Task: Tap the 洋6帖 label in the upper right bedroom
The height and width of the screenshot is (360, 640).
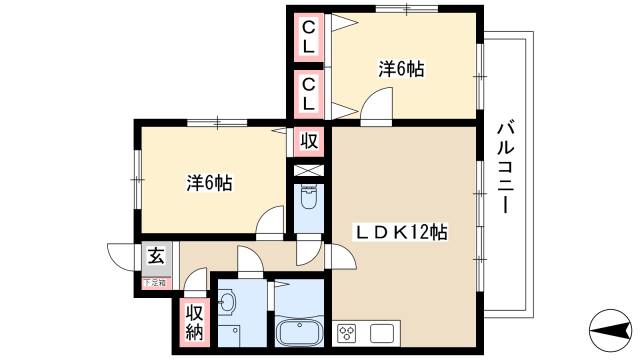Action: [400, 70]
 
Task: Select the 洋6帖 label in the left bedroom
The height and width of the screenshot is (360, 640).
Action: [210, 183]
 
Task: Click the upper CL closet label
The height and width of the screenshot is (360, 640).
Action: [309, 37]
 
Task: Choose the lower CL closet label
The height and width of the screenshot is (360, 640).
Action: [309, 94]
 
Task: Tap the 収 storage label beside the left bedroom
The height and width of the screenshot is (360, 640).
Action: [309, 141]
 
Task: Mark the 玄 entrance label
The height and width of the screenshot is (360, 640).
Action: [157, 257]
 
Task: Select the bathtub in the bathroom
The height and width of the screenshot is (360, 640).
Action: [299, 332]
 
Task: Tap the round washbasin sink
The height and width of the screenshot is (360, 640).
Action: [227, 300]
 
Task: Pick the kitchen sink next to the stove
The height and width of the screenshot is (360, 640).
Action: [383, 332]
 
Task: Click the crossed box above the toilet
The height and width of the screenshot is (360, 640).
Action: [307, 168]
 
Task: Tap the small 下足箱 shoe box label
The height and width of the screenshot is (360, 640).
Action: [155, 281]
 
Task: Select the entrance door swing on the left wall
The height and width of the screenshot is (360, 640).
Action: [123, 256]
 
